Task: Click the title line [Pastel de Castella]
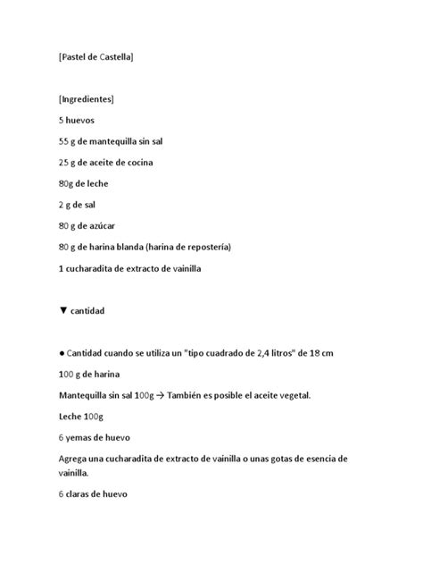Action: click(95, 57)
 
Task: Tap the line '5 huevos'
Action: click(76, 120)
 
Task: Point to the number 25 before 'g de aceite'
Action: click(64, 163)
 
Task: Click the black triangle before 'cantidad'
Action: click(62, 311)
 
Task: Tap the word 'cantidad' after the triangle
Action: click(88, 311)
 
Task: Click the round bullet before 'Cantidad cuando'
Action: click(62, 353)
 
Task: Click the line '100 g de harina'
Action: click(89, 374)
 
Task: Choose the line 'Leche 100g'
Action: click(82, 417)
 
